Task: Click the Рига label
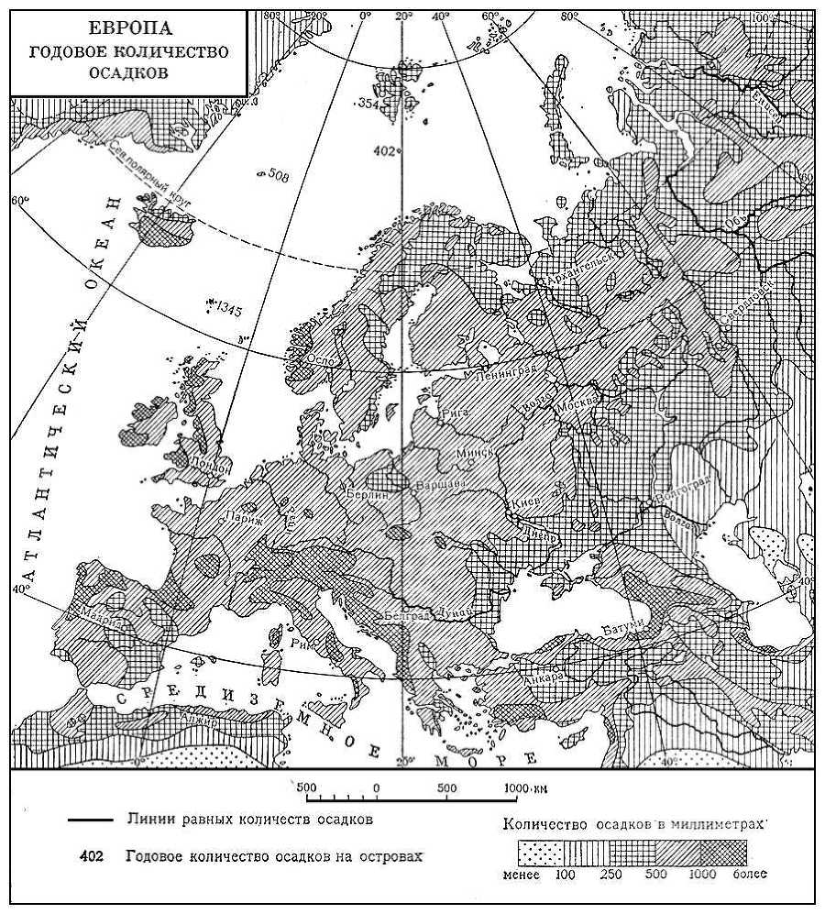pos(455,413)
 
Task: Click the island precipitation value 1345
pos(229,311)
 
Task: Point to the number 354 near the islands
pos(369,103)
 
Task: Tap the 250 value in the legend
pos(610,875)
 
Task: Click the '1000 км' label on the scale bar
pos(527,787)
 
